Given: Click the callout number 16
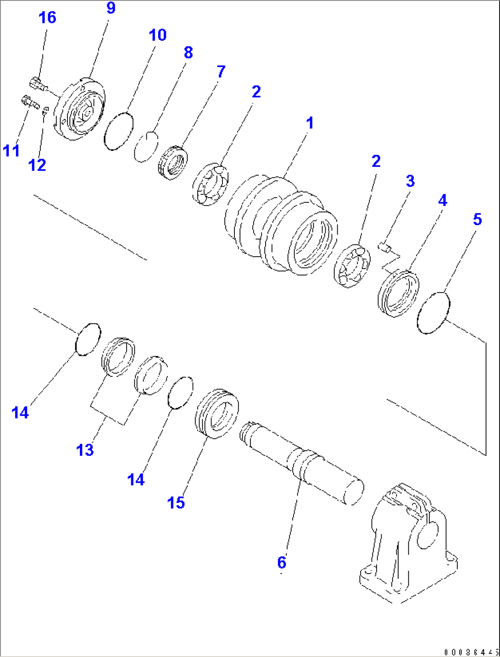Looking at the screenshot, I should point(47,18).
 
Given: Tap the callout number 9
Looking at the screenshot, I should point(111,8).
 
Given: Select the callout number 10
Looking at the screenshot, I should point(157,35).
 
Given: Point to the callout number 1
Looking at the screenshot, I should point(310,123).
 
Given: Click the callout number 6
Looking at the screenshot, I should point(282,562).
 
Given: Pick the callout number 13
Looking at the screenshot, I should point(85,450).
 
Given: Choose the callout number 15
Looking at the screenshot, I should point(176,502).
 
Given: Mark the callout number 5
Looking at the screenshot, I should point(477,220).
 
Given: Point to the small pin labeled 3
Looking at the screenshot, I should point(386,248).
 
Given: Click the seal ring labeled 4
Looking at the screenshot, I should point(398,293).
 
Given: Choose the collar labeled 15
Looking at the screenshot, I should point(217,413).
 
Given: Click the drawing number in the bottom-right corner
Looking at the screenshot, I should point(470,652).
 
